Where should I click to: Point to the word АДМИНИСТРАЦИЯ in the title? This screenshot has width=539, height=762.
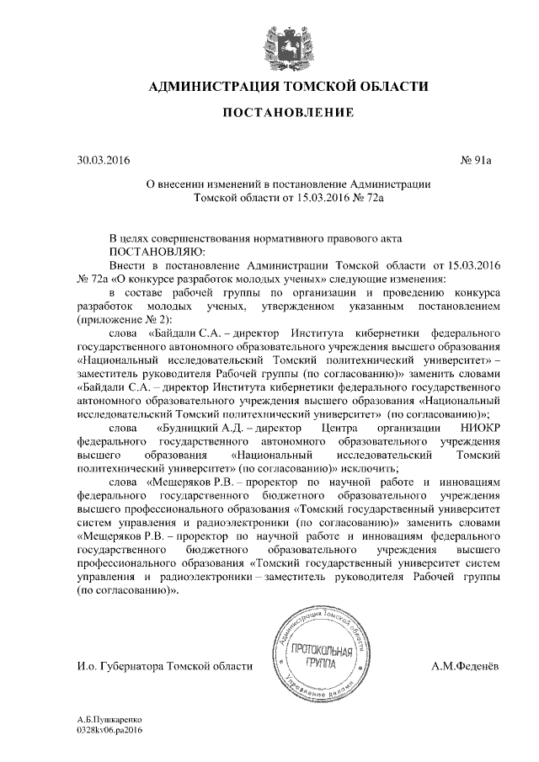[x=214, y=86]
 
